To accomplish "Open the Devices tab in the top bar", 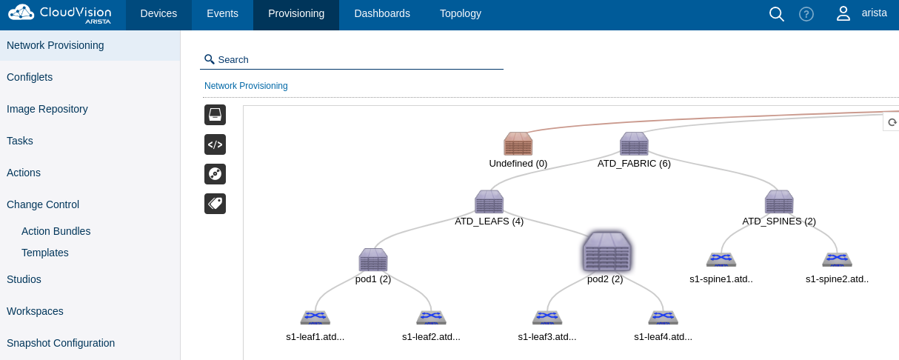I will point(158,14).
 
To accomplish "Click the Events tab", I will point(222,14).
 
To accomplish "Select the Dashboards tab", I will point(382,14).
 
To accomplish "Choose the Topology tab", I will point(461,14).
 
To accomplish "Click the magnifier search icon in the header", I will point(777,14).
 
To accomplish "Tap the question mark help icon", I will point(806,14).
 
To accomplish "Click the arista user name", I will point(874,13).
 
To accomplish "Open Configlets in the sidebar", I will point(30,77).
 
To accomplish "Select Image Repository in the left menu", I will point(47,109).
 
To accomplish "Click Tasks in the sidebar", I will point(20,141).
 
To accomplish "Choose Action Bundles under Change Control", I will point(56,231).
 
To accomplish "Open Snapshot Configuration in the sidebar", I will point(61,343).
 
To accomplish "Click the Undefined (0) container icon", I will point(518,144).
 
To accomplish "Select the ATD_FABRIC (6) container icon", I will point(634,144).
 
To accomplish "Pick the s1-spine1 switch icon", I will point(721,259).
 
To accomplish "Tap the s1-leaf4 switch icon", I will point(663,317).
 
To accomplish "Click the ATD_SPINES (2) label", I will point(779,221).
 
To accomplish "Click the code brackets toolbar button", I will point(215,144).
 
